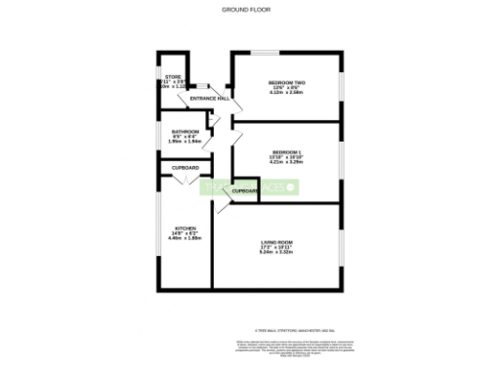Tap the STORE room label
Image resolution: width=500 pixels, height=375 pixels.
pyautogui.click(x=173, y=76)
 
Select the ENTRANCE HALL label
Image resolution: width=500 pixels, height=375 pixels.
pyautogui.click(x=210, y=99)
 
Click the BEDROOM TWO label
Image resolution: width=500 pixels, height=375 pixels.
pyautogui.click(x=286, y=82)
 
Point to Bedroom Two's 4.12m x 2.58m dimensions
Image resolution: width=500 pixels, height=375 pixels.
pyautogui.click(x=286, y=93)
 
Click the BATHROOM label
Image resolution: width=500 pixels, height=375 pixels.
pyautogui.click(x=186, y=131)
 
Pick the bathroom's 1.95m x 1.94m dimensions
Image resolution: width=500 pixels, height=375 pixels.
pyautogui.click(x=186, y=142)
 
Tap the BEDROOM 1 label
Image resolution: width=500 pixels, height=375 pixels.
pyautogui.click(x=286, y=151)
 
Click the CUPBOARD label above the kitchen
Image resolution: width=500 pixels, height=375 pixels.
pyautogui.click(x=186, y=168)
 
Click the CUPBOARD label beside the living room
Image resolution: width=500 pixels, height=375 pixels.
pyautogui.click(x=245, y=190)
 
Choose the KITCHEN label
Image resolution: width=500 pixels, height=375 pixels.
pyautogui.click(x=186, y=228)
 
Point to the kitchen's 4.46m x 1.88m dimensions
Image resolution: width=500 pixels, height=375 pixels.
pyautogui.click(x=186, y=238)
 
